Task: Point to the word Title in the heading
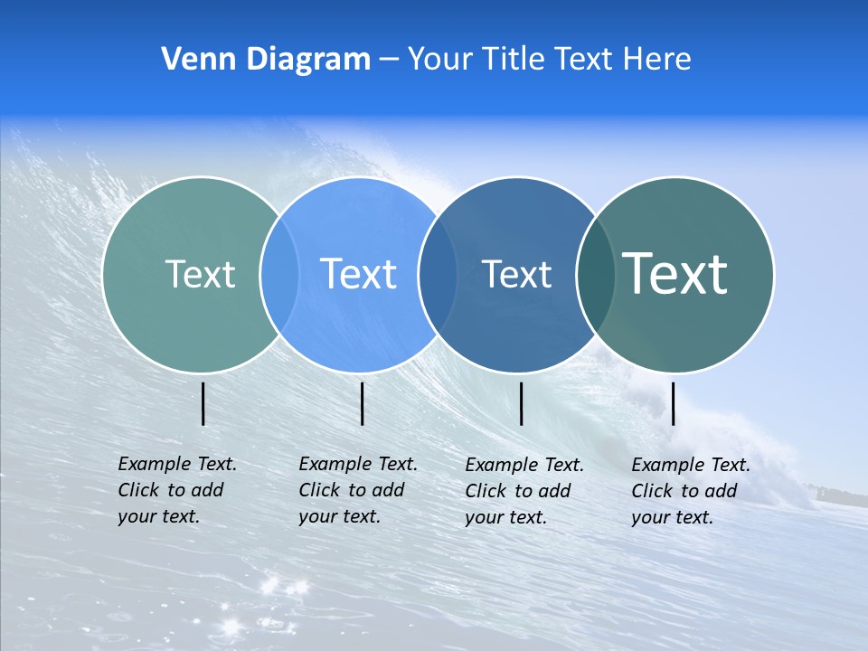[x=516, y=60]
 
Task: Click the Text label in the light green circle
[x=200, y=274]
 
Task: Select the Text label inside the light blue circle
[x=358, y=274]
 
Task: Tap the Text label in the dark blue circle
[x=516, y=274]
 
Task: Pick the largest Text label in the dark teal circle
[x=675, y=273]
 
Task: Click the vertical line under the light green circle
[x=203, y=403]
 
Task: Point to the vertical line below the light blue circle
[x=362, y=403]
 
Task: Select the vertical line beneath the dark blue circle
[x=522, y=403]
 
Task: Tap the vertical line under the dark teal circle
[x=674, y=403]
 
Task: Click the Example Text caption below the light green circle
[x=176, y=490]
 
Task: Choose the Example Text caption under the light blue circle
[x=357, y=490]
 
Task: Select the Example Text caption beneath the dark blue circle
[x=524, y=491]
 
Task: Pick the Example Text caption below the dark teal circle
[x=690, y=491]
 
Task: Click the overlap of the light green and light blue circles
[x=279, y=274]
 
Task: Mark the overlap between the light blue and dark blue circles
[x=437, y=274]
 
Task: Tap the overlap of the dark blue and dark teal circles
[x=595, y=274]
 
